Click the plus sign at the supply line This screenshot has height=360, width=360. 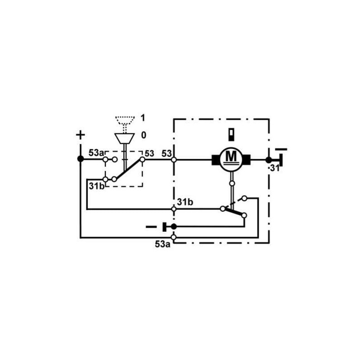point(81,135)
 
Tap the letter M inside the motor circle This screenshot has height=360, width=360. point(231,157)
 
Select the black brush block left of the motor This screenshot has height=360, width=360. point(216,160)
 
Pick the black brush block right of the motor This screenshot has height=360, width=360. point(247,160)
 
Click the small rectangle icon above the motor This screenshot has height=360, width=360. point(231,135)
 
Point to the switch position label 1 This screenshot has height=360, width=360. point(143,118)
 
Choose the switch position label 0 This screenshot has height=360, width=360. point(144,135)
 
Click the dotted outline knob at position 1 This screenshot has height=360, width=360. point(125,121)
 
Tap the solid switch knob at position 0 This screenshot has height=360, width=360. point(125,139)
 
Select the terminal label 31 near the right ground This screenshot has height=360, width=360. point(274,168)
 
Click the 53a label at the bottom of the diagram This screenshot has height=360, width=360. point(162,244)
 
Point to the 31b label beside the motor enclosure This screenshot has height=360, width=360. point(185,202)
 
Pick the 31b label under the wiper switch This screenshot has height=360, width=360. point(97,186)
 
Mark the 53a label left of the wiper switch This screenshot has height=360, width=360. point(96,153)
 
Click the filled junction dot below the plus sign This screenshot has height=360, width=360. point(81,159)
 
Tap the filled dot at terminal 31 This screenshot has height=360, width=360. point(269,160)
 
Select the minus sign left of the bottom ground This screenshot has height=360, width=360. point(151,227)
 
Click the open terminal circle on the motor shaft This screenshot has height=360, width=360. point(232,184)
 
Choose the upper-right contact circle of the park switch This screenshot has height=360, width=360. point(244,198)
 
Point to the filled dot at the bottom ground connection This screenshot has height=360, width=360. point(174,227)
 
